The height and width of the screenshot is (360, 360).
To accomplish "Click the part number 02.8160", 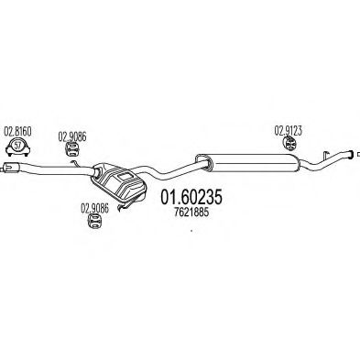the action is coord(18,132).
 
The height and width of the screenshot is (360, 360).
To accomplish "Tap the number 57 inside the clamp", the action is coord(18,145).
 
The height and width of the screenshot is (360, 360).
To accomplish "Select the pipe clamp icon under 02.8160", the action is coord(18,147).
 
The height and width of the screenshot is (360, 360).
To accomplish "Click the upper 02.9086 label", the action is coord(72,136).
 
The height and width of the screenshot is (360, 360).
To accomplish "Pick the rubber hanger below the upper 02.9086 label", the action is coord(71,148).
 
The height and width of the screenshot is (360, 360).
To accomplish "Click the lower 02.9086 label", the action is coord(94,208).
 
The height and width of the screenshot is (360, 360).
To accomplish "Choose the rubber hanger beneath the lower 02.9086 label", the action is coord(94,221).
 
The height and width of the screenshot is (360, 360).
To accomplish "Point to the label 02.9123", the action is coord(289,131).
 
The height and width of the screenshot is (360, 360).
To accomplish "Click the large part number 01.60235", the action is coord(191,197).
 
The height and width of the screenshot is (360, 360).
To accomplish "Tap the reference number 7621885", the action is coord(191,213).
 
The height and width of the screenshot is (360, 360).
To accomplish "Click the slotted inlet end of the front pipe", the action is coord(9,167).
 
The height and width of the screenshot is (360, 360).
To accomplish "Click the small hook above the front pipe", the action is coord(75,164).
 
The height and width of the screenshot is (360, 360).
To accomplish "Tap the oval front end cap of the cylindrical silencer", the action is coord(202,162).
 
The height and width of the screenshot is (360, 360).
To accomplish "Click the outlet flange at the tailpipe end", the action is coord(352,154).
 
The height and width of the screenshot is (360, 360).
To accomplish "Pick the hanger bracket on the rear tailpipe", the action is coord(325,156).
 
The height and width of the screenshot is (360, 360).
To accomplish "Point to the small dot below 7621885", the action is coord(191,231).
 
